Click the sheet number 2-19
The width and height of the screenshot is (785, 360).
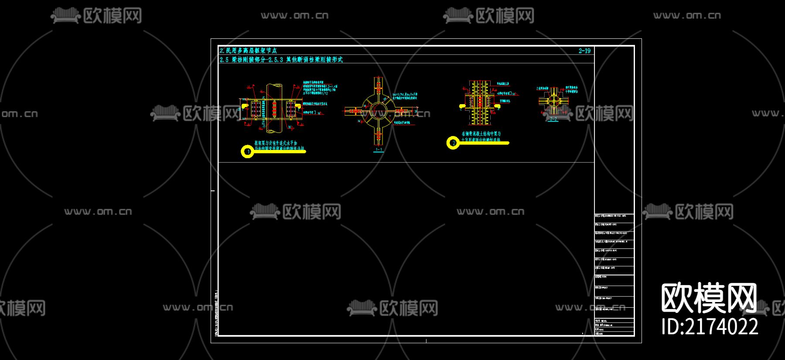click(584, 51)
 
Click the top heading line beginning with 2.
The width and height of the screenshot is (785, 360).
click(248, 51)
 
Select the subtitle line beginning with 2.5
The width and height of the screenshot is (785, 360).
click(281, 60)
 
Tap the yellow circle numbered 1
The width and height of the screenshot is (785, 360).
click(247, 152)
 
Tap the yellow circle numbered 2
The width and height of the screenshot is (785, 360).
click(453, 143)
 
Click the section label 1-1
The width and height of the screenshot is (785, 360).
click(379, 149)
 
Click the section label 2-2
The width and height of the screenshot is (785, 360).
click(553, 119)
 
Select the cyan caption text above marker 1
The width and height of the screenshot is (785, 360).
click(279, 146)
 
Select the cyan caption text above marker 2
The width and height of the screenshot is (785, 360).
click(481, 136)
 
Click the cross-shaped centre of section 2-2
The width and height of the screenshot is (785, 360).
click(553, 101)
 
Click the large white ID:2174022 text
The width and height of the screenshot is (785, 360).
click(710, 326)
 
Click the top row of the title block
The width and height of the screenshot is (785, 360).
click(614, 216)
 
